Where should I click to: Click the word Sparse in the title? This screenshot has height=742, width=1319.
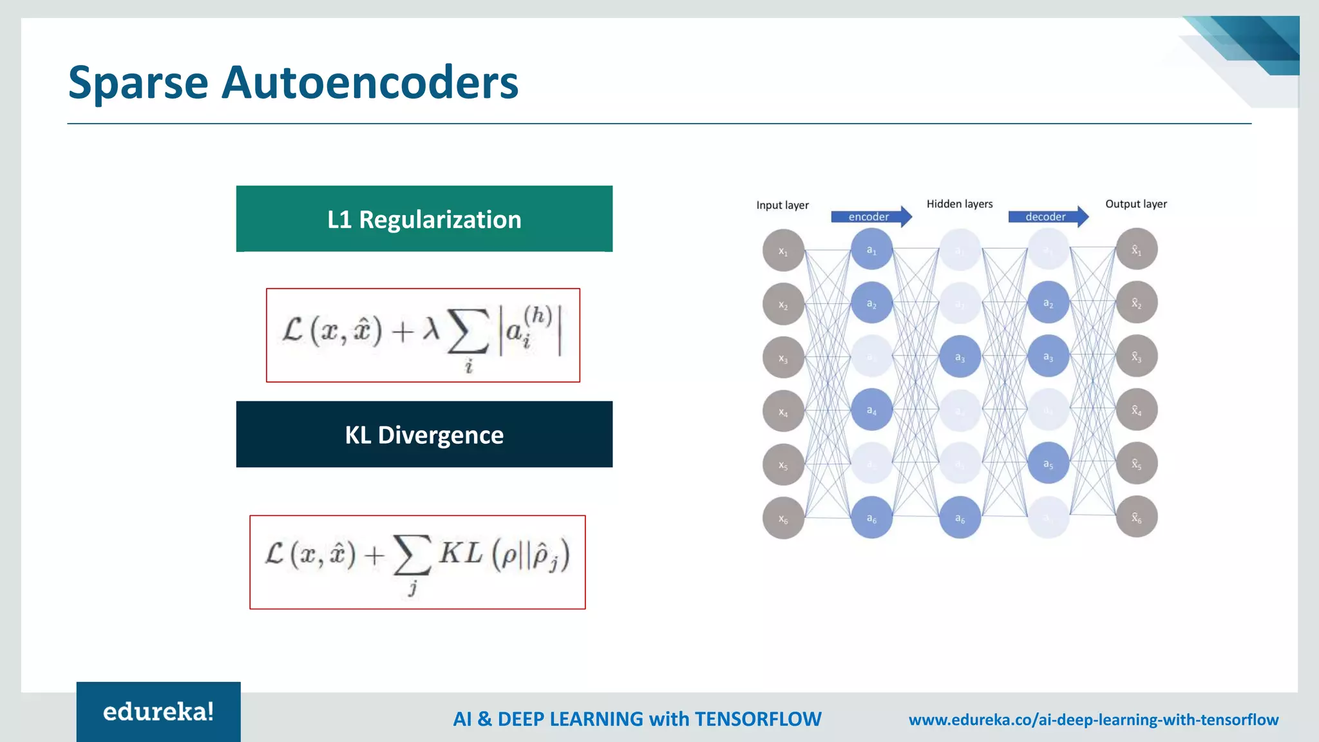point(138,82)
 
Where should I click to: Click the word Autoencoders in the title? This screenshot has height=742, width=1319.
point(370,82)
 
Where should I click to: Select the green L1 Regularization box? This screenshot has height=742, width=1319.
point(424,219)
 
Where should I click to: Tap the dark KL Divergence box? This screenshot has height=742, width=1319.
point(424,435)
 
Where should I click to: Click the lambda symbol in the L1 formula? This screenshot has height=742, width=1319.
point(431,330)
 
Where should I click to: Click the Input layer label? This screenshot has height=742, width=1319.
point(782,205)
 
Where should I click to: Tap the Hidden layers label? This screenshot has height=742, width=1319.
point(960,204)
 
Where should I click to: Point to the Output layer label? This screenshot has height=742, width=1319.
point(1136,204)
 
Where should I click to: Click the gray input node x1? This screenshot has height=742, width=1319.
point(783,251)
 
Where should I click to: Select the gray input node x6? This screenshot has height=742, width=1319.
point(783,518)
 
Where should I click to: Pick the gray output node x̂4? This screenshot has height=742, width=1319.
point(1137,410)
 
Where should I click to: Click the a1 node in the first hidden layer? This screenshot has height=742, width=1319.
point(871,249)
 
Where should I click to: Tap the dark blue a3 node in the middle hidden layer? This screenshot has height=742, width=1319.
point(960,356)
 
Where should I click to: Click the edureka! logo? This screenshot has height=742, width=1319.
point(158,712)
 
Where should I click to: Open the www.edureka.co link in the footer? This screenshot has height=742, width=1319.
point(1093,719)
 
